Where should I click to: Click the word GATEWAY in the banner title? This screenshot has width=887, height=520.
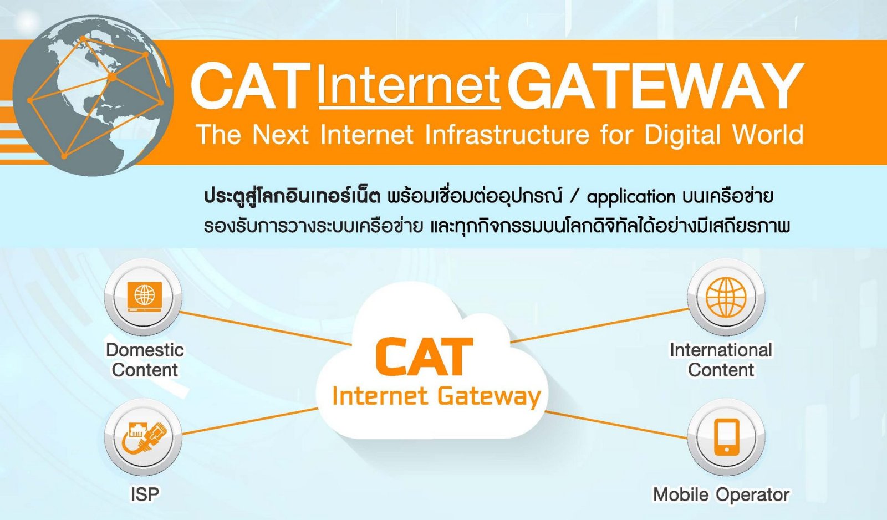(x=655, y=86)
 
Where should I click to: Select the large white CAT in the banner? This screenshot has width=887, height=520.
(x=251, y=86)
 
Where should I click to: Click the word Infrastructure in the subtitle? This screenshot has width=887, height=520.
(x=507, y=134)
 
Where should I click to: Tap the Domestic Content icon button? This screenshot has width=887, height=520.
(x=144, y=297)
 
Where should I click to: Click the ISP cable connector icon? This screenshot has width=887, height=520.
(x=144, y=437)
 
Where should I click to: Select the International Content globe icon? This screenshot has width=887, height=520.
(x=726, y=297)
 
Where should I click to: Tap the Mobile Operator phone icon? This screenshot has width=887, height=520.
(x=726, y=437)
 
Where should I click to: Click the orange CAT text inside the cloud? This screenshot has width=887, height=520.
(x=424, y=356)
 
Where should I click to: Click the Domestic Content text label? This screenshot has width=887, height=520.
(x=145, y=360)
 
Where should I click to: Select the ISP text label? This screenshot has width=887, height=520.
(x=145, y=494)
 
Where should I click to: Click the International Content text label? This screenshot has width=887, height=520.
(x=721, y=360)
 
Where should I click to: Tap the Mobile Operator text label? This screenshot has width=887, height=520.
(x=721, y=494)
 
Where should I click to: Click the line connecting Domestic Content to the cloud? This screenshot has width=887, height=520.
(x=266, y=328)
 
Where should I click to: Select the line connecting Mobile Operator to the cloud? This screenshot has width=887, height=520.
(x=616, y=425)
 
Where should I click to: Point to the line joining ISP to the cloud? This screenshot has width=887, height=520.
(x=250, y=421)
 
